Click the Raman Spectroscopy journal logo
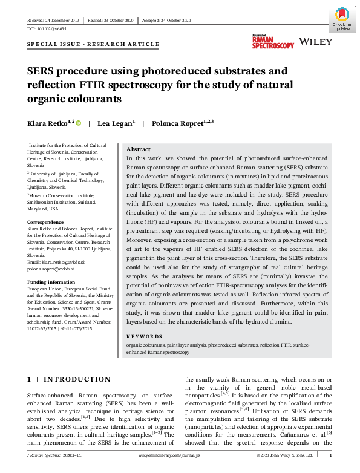click(x=273, y=42)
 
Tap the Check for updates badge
click(x=342, y=18)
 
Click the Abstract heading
click(x=139, y=149)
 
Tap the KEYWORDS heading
click(x=144, y=336)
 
